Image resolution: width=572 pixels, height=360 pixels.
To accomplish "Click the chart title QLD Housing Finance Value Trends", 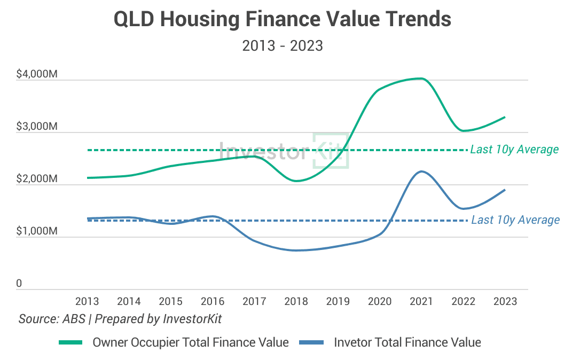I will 283,20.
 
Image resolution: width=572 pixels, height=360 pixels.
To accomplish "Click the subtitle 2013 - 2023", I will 283,46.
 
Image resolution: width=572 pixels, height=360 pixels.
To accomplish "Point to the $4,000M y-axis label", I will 37,75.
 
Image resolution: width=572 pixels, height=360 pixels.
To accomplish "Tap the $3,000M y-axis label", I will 37,127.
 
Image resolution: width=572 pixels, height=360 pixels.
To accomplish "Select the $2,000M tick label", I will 37,179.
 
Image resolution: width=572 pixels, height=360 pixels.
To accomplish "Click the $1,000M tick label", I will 37,231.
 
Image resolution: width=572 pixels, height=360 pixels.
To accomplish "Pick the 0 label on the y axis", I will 19,284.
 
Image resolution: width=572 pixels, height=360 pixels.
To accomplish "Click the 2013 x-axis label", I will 87,302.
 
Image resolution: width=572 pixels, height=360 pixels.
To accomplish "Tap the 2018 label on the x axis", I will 296,302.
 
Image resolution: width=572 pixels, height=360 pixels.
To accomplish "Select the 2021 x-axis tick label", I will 421,302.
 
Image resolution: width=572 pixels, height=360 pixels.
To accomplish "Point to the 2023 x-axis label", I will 505,302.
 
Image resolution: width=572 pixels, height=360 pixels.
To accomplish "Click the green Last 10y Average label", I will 514,150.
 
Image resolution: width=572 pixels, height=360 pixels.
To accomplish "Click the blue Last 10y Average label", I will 515,220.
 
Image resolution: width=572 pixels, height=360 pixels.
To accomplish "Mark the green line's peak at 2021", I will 421,79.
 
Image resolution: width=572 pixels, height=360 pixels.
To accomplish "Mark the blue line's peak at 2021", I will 421,171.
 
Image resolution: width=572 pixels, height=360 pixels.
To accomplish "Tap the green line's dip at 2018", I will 296,181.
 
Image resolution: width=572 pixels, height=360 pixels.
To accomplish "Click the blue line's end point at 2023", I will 505,190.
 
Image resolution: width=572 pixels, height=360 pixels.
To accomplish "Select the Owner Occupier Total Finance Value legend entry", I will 174,342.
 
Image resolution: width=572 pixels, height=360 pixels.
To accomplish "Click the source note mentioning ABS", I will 120,319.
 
